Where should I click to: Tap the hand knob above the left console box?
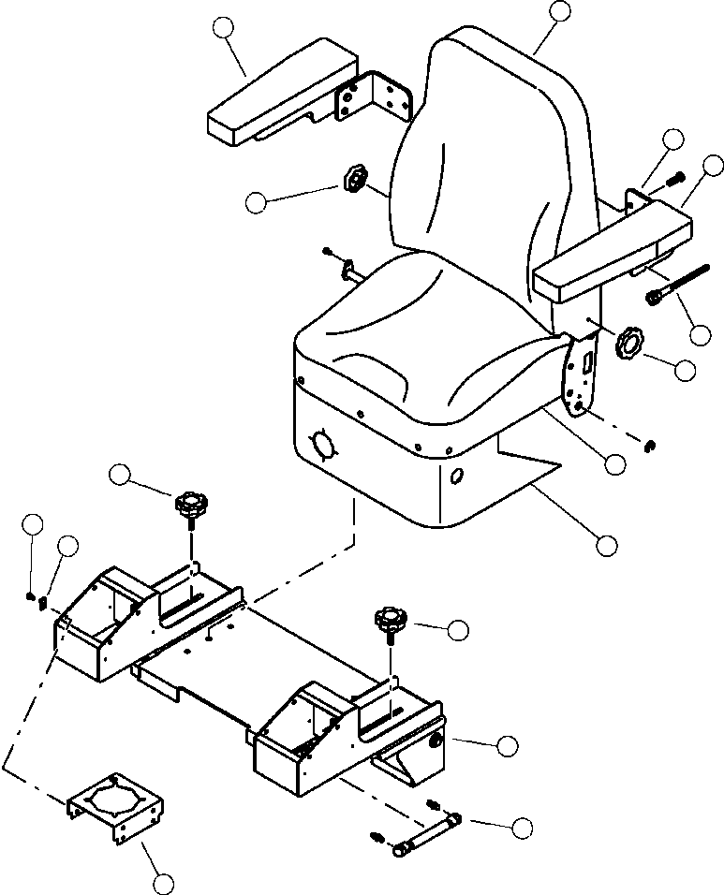(x=191, y=509)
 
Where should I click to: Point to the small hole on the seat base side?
(x=458, y=477)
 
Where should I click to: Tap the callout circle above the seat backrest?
(x=559, y=11)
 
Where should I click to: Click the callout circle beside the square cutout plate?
(x=163, y=882)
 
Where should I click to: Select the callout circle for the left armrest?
(x=224, y=29)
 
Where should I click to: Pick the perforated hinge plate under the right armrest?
(x=581, y=374)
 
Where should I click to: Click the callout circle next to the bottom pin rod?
(x=523, y=827)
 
